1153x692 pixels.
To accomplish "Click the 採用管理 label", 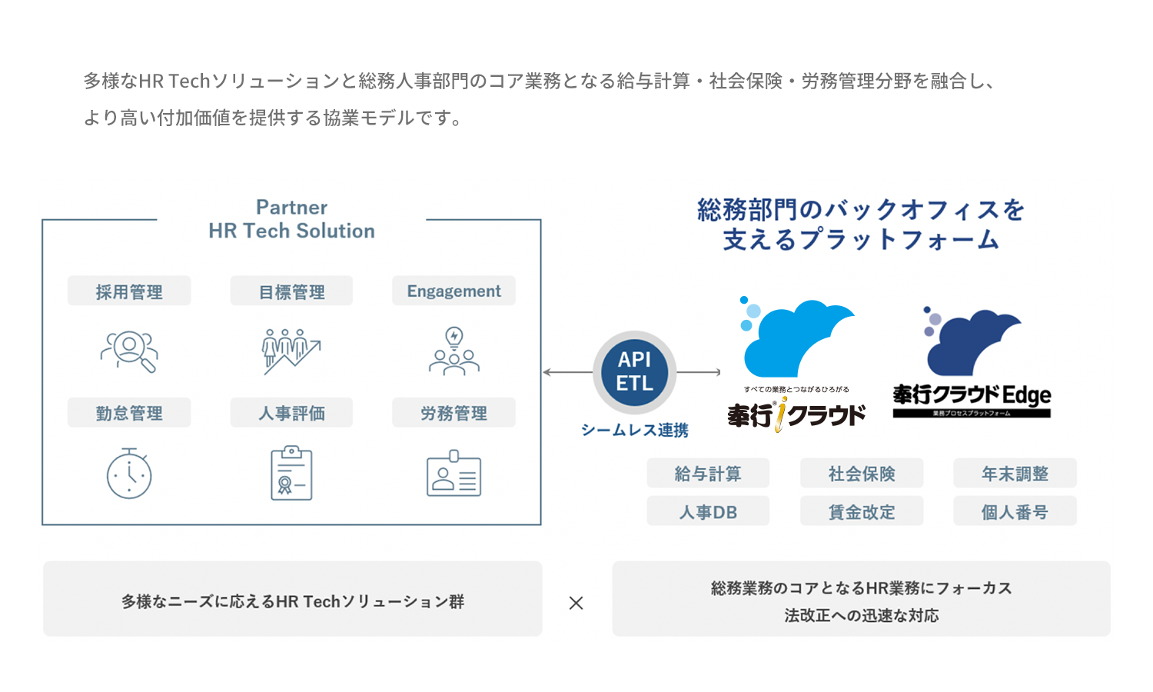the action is (129, 291).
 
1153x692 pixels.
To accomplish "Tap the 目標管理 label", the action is (291, 291).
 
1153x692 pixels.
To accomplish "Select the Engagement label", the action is (454, 291).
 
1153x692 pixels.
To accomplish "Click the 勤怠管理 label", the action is (129, 412).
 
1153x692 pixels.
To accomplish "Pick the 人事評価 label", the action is (291, 412).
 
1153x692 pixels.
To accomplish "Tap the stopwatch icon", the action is (129, 474).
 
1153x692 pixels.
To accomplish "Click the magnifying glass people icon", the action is (129, 351).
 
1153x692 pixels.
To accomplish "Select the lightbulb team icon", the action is (454, 351).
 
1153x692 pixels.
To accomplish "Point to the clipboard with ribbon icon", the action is (291, 473).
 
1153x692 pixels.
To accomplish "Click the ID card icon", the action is (454, 474).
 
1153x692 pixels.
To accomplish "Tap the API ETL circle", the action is (634, 372).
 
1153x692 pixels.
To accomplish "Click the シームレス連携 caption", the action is (634, 431).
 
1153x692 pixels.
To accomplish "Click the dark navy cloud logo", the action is (971, 341).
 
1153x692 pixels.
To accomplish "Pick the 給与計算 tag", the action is (708, 473).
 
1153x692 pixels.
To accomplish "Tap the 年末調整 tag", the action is (1015, 473).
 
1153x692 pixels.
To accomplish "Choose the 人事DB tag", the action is (708, 511).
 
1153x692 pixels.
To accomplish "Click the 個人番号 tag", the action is (1015, 511).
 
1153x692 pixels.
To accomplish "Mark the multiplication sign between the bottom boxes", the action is (576, 603).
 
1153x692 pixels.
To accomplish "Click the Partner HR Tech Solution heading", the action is (291, 219).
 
